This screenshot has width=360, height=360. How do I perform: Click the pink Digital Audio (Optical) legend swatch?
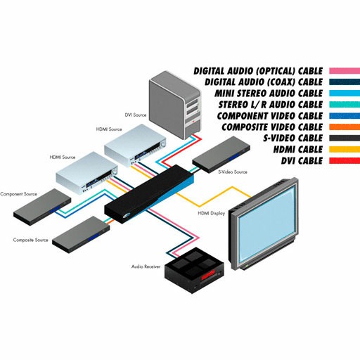345,71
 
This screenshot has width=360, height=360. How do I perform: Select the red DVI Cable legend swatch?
345,160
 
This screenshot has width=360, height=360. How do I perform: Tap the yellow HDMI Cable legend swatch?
345,149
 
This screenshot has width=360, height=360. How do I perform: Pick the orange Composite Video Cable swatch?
345,127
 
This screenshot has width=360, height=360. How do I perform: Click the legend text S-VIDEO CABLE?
293,138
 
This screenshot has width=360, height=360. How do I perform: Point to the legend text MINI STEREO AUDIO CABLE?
269,94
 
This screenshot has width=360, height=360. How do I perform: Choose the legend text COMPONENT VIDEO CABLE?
270,116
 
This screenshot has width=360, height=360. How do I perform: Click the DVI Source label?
136,115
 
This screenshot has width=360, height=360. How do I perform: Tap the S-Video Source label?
233,172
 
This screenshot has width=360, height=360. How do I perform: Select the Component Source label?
18,194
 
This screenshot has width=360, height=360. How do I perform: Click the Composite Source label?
30,240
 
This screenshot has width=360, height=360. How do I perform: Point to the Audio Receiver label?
146,266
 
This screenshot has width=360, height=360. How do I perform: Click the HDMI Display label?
212,213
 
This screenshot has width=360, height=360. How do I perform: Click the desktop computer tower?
175,105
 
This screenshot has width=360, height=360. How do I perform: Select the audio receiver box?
194,269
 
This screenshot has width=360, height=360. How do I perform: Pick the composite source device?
81,234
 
